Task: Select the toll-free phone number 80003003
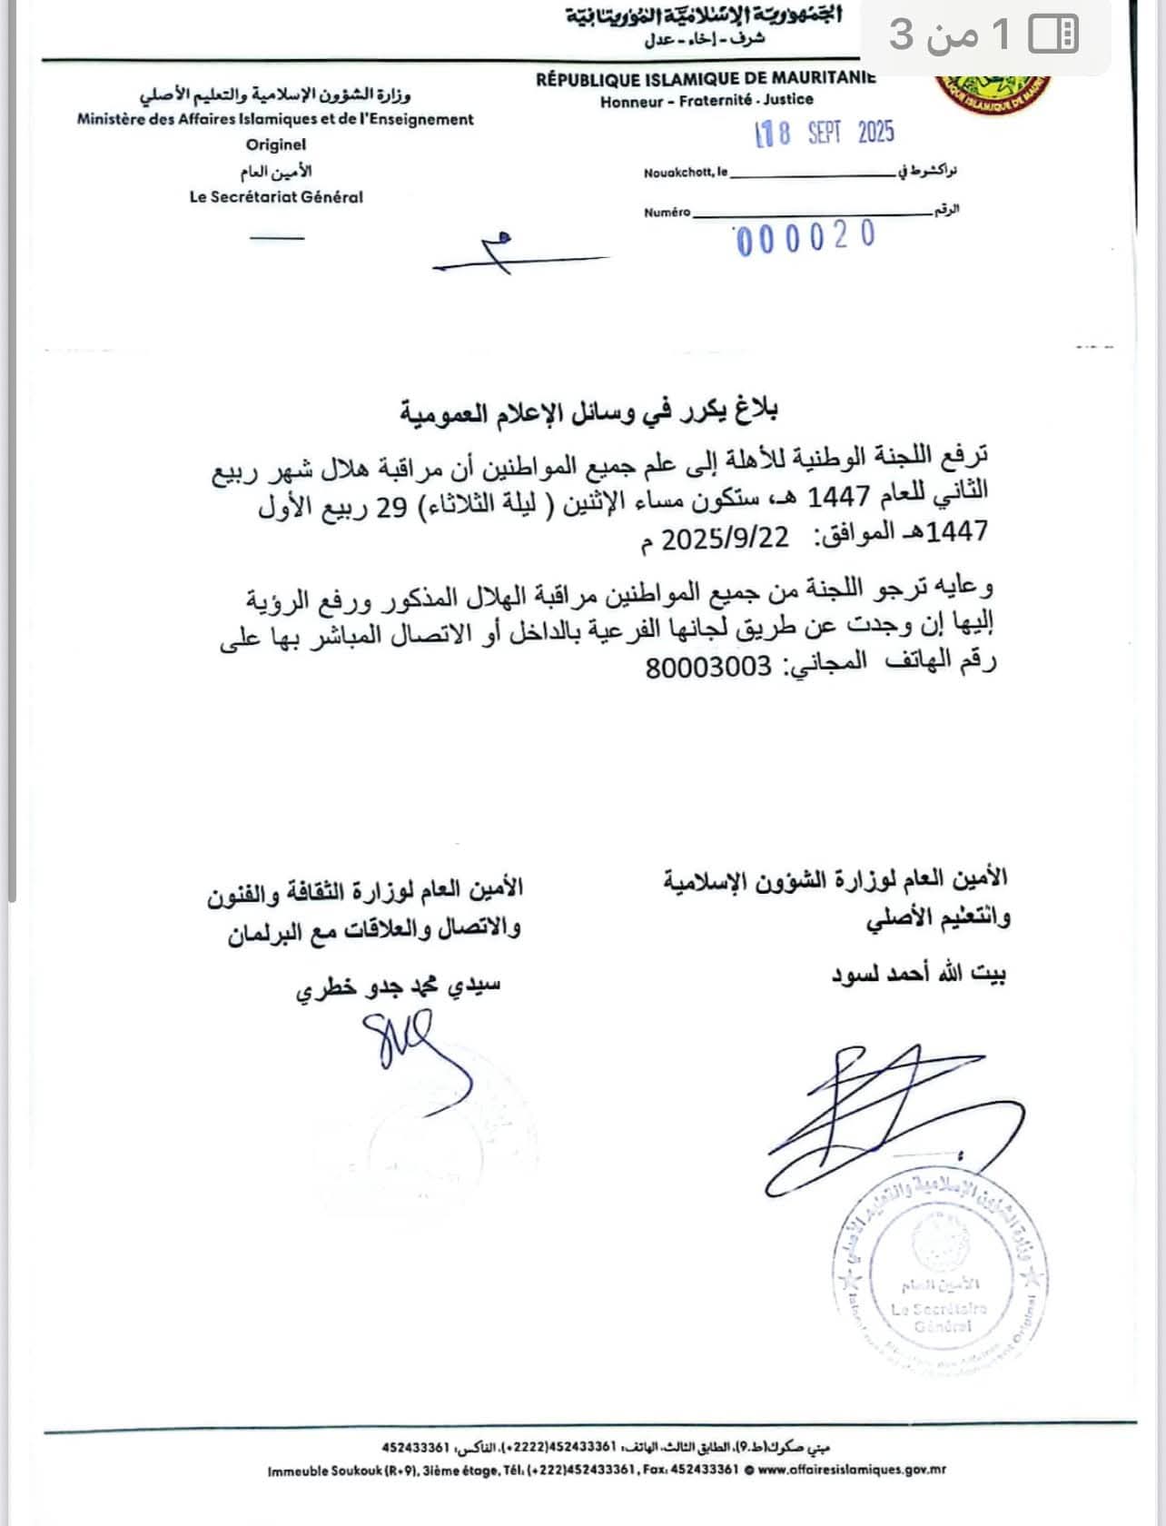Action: coord(708,668)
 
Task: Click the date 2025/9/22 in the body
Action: coord(726,539)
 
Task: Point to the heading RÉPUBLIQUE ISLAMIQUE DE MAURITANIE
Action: coord(706,79)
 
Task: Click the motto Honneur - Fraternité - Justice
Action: coord(707,101)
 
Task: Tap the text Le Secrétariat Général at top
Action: coord(276,196)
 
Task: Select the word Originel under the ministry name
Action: coord(276,144)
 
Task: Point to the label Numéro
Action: coord(667,213)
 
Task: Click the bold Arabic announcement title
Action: coord(589,411)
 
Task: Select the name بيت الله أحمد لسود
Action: coord(918,975)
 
